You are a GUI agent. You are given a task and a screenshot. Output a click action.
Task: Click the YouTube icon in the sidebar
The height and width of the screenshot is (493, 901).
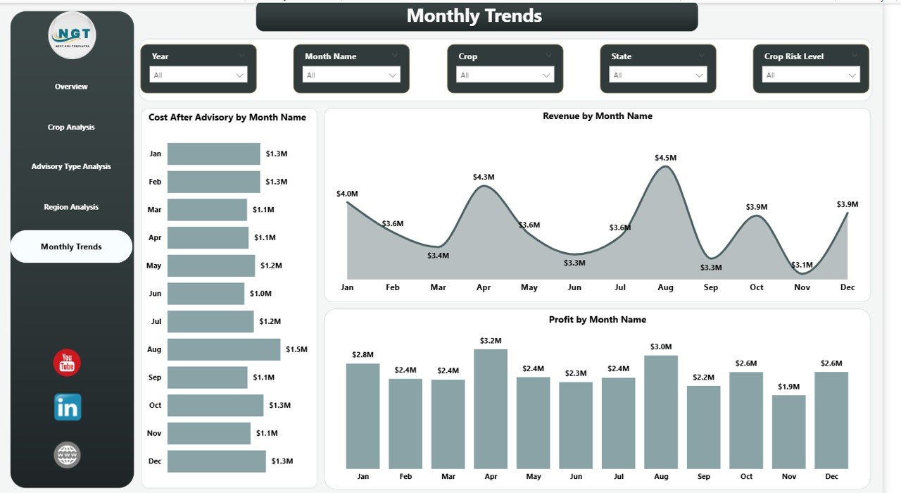[67, 363]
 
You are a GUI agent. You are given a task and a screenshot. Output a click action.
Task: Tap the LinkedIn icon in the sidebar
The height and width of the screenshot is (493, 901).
[68, 407]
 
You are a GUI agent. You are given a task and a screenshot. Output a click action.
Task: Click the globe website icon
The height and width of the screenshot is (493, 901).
[67, 455]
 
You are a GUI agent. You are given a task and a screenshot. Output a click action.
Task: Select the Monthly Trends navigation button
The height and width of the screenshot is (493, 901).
[71, 246]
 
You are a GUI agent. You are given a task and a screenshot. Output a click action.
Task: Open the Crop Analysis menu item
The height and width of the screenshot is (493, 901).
[71, 127]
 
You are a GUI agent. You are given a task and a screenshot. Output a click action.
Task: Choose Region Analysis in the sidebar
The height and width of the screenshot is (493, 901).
[71, 207]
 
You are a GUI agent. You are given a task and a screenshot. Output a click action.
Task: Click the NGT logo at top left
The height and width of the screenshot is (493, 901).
[72, 35]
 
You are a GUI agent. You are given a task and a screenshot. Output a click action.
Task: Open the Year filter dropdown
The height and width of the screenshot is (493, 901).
[199, 75]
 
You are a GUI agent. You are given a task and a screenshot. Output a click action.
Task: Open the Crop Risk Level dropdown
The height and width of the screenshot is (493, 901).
[811, 75]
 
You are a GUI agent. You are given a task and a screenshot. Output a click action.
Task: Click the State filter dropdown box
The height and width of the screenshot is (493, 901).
[658, 75]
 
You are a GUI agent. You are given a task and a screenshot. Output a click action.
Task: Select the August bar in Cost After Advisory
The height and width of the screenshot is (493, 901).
[223, 349]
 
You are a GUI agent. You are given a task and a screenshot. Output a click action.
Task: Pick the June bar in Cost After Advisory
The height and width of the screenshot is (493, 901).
[206, 294]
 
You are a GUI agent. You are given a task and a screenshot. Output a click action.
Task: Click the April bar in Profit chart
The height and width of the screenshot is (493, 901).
[491, 408]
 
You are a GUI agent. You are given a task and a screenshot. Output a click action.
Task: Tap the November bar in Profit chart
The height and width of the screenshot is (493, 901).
[788, 432]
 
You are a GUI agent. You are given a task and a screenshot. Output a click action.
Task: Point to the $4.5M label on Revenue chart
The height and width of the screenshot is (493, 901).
[665, 158]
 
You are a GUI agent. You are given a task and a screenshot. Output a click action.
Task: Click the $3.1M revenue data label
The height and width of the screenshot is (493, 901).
[801, 265]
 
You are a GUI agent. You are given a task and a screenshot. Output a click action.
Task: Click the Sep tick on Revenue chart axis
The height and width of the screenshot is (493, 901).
[710, 287]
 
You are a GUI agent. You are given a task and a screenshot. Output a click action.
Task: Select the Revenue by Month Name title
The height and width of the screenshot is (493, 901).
[597, 116]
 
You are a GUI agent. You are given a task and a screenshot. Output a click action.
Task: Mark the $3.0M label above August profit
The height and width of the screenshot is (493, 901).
[661, 347]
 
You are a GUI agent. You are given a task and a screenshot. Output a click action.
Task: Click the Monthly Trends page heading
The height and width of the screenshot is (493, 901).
[474, 15]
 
